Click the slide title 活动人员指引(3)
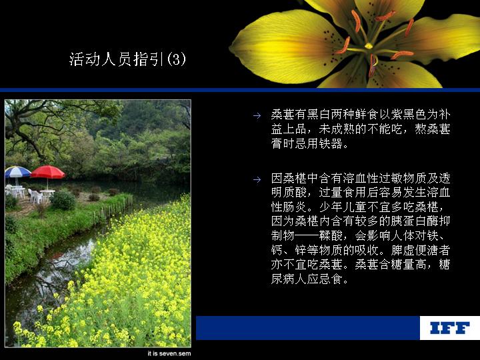(127, 59)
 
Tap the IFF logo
(450, 328)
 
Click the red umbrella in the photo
(48, 172)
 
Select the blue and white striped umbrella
(17, 172)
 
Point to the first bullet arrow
(257, 115)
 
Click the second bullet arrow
(257, 179)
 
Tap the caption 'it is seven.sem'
(169, 353)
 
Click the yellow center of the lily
(369, 46)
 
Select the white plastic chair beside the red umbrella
(36, 196)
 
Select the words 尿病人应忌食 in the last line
(307, 279)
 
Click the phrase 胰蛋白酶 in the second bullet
(415, 221)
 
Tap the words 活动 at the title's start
(85, 59)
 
